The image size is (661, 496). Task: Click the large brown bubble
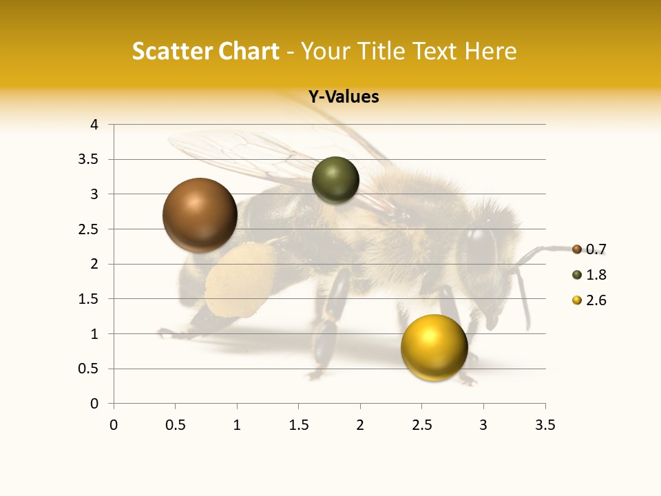click(x=200, y=215)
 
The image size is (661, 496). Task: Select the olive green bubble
click(x=335, y=180)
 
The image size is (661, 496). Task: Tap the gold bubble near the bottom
click(x=434, y=347)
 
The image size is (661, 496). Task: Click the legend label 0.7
click(x=596, y=249)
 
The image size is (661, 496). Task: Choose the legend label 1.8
click(x=596, y=275)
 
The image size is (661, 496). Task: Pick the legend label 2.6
click(x=596, y=300)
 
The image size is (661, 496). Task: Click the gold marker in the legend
click(x=577, y=300)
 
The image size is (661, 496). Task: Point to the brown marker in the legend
click(x=577, y=249)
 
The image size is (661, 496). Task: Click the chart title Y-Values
click(x=344, y=97)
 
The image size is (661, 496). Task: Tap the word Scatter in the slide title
click(x=171, y=51)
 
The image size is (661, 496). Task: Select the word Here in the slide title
click(x=490, y=51)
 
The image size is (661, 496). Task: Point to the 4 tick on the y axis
click(x=94, y=125)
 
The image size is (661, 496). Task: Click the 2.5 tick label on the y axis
click(x=89, y=229)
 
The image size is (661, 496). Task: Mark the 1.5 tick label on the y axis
click(x=89, y=299)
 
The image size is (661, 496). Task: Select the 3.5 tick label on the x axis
click(x=545, y=425)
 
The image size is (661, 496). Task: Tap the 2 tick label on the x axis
click(x=360, y=425)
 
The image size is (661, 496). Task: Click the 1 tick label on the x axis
click(x=237, y=425)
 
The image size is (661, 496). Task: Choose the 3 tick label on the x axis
click(x=483, y=425)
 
